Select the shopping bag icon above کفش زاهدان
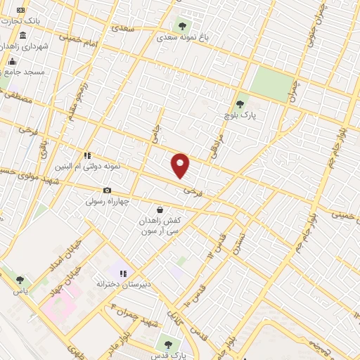click(160, 210)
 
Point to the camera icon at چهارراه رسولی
click(107, 191)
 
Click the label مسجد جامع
click(25, 72)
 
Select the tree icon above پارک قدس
click(167, 344)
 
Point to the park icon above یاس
click(19, 281)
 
